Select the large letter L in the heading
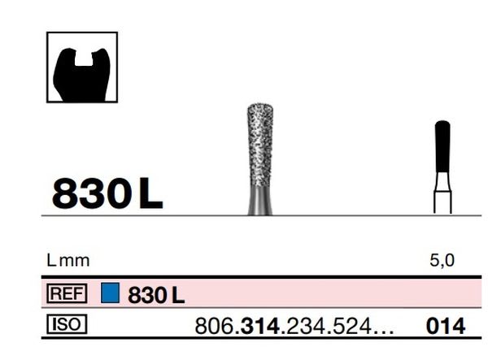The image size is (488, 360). coord(150,193)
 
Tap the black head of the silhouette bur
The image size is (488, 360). coord(442,146)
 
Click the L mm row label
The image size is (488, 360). coord(68,261)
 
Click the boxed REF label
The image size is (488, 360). coord(68,293)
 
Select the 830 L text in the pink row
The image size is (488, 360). coord(156,294)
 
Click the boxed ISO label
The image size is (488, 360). coord(68,325)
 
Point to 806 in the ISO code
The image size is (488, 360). coord(214,327)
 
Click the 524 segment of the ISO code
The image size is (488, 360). coord(346,327)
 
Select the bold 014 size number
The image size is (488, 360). coord(446,327)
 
